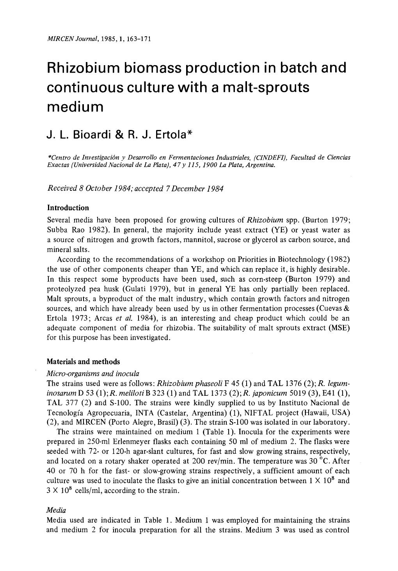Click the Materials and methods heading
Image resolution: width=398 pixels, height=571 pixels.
[x=83, y=361]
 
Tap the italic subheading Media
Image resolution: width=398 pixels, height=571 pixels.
[x=56, y=510]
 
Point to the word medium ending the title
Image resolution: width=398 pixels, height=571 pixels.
[x=75, y=107]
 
